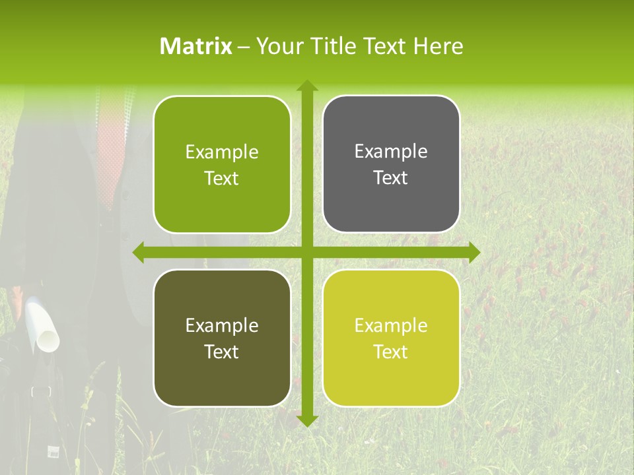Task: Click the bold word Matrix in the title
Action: click(x=196, y=46)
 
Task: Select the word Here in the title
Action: click(x=438, y=46)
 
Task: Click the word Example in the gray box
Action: click(x=391, y=152)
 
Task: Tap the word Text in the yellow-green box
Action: click(x=391, y=352)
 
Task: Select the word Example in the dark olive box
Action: click(x=222, y=325)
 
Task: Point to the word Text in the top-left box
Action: click(x=222, y=178)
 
